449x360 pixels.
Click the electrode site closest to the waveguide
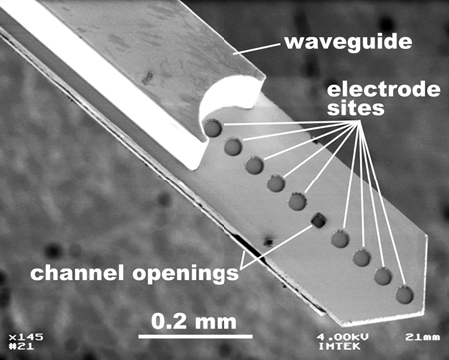[x=212, y=128]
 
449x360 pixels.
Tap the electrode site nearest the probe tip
[x=404, y=295]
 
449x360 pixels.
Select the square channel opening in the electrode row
[x=319, y=220]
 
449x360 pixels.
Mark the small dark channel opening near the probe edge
[x=267, y=239]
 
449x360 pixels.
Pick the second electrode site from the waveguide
[x=233, y=147]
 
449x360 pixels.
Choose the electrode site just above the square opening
[x=297, y=202]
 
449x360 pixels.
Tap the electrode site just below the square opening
[x=340, y=239]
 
